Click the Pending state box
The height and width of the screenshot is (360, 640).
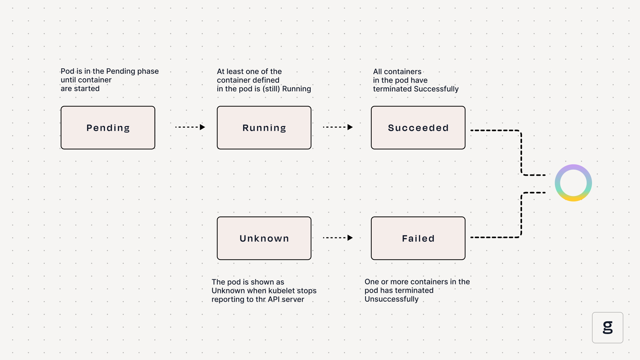(108, 128)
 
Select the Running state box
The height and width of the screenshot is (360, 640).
(264, 128)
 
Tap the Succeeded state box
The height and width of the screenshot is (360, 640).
(418, 128)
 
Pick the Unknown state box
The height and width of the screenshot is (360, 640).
(264, 238)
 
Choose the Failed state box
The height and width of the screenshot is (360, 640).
(418, 238)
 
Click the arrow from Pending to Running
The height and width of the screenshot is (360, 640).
(190, 127)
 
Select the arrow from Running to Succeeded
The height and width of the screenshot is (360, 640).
(338, 127)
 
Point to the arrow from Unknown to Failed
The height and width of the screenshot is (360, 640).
(338, 238)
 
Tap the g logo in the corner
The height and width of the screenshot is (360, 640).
(608, 328)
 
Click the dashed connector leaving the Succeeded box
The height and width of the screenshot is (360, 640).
(521, 147)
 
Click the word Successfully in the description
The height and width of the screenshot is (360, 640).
(436, 89)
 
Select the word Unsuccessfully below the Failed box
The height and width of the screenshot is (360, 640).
(391, 299)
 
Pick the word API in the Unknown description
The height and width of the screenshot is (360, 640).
(274, 299)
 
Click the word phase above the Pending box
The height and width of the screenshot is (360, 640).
(148, 71)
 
